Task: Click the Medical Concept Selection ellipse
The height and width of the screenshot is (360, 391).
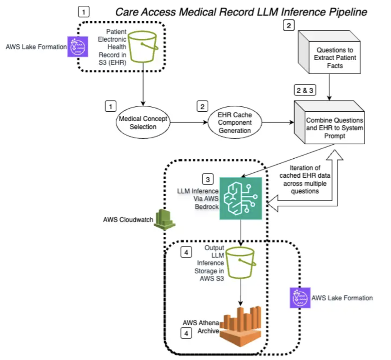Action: click(143, 123)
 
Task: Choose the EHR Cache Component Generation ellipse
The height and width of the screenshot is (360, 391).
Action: click(236, 123)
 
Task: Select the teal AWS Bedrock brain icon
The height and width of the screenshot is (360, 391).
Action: click(240, 198)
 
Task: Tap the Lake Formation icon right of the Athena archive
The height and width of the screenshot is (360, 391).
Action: click(299, 298)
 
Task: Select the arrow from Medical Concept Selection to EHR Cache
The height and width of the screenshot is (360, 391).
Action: click(188, 123)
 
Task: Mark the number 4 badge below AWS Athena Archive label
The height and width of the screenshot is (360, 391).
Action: click(186, 334)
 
